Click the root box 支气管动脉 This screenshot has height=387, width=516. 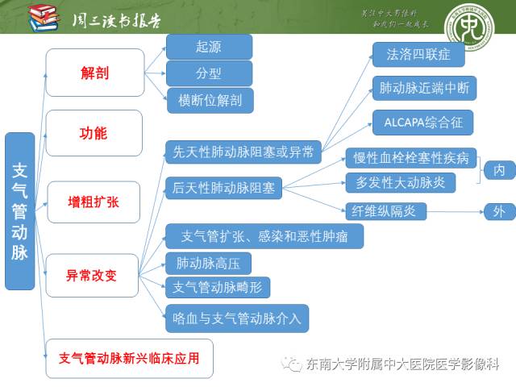20,210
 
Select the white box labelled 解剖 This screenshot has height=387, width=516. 94,73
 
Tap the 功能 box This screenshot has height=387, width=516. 94,133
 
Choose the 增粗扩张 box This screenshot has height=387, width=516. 94,202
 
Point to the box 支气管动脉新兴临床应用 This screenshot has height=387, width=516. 130,357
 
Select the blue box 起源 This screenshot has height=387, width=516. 209,48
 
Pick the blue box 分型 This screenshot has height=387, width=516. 209,73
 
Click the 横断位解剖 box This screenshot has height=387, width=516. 210,100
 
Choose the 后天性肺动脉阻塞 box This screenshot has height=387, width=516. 224,189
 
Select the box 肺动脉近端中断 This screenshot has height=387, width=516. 423,89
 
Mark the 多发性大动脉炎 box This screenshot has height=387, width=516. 401,182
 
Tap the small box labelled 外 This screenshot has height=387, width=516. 499,212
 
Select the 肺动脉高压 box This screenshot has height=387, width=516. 208,263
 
